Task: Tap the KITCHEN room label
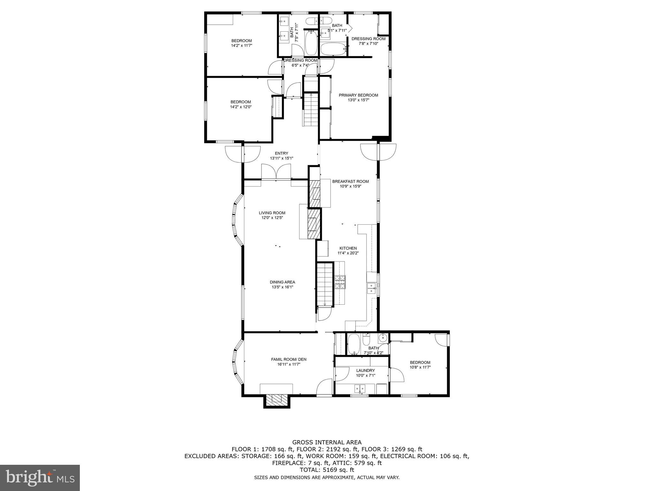[348, 248]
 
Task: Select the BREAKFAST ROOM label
[350, 181]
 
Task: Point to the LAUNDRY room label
[366, 370]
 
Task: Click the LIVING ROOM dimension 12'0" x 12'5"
[272, 218]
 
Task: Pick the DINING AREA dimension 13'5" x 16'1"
[282, 287]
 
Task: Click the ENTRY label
[281, 153]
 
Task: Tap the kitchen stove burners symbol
[340, 282]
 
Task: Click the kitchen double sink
[371, 288]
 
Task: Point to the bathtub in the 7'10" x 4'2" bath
[354, 344]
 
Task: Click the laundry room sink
[360, 389]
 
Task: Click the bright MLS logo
[40, 478]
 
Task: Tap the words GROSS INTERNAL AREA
[327, 442]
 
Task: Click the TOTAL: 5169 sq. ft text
[327, 470]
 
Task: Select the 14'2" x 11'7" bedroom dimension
[241, 46]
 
